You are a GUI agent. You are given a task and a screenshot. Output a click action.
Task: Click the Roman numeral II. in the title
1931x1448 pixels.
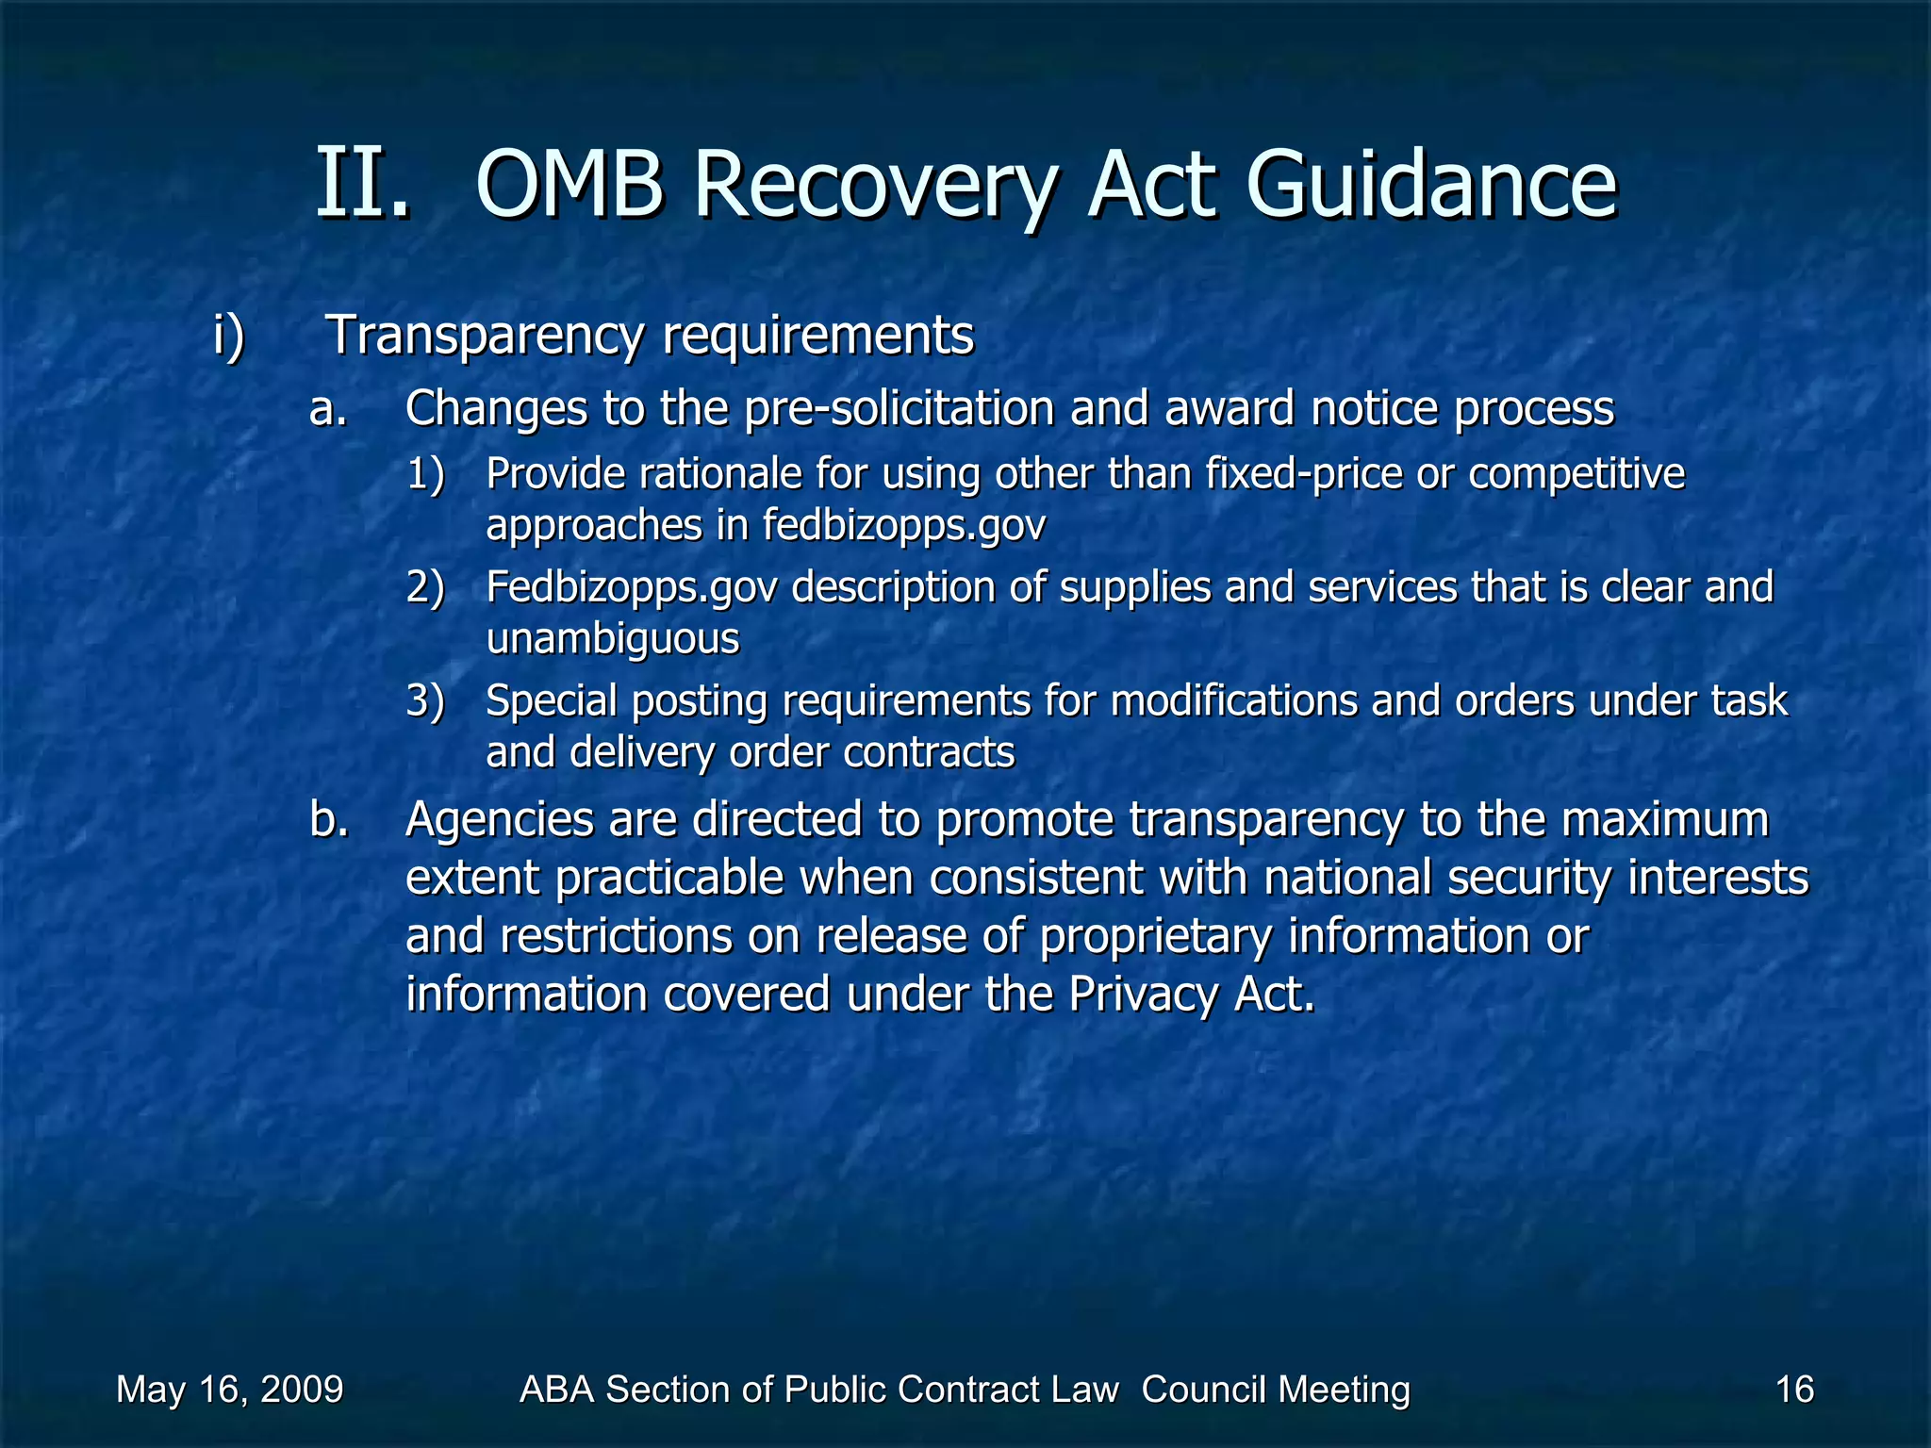pyautogui.click(x=363, y=184)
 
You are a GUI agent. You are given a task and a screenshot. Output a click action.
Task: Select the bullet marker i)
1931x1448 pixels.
pyautogui.click(x=228, y=336)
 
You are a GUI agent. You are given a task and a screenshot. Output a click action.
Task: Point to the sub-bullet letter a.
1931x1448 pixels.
pyautogui.click(x=328, y=409)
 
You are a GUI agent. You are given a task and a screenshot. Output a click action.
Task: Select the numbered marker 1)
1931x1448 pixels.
pyautogui.click(x=425, y=474)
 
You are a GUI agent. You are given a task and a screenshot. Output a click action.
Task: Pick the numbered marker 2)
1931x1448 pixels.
pyautogui.click(x=425, y=587)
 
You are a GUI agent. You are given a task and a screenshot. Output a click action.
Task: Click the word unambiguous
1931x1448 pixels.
pyautogui.click(x=613, y=639)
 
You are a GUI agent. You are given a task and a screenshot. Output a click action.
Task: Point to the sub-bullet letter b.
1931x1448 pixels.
pyautogui.click(x=328, y=820)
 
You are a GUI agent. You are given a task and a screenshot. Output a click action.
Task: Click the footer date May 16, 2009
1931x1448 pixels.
pyautogui.click(x=229, y=1390)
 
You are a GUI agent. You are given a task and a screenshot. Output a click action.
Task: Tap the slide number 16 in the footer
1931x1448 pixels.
pyautogui.click(x=1794, y=1390)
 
